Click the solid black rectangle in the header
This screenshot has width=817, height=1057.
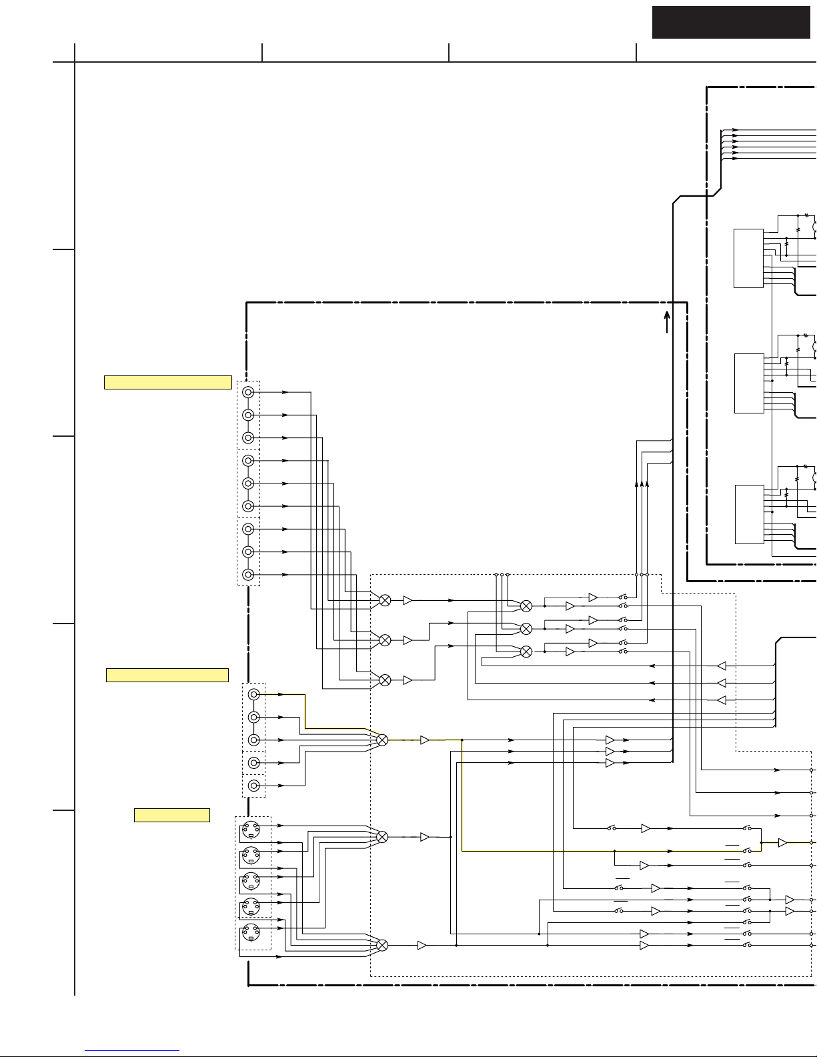(x=731, y=22)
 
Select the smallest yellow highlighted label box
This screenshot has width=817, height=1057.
(x=172, y=815)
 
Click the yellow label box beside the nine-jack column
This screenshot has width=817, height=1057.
(x=168, y=382)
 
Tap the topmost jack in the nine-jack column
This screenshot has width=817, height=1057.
(x=248, y=392)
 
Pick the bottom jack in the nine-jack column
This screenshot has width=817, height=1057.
(x=248, y=574)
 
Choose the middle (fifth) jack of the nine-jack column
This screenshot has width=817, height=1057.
(x=248, y=483)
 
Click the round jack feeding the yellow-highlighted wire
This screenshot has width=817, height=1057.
(x=253, y=694)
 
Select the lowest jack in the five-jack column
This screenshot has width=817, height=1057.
(x=253, y=786)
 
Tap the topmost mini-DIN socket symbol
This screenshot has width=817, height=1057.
(x=251, y=830)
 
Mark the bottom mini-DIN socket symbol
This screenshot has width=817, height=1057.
(x=251, y=932)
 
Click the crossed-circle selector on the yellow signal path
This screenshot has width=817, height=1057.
(x=382, y=740)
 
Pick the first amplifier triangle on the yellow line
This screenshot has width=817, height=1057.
(x=425, y=740)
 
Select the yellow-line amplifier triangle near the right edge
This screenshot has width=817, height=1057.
(x=782, y=843)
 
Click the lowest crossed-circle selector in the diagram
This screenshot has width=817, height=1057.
(x=382, y=945)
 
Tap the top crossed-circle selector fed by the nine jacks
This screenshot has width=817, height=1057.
(x=385, y=600)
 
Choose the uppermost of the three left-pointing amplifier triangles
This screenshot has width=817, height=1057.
(x=721, y=666)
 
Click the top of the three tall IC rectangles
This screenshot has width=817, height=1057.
(x=748, y=258)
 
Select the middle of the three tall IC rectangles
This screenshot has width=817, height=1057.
(x=748, y=383)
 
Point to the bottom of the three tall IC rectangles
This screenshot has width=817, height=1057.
(x=748, y=514)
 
